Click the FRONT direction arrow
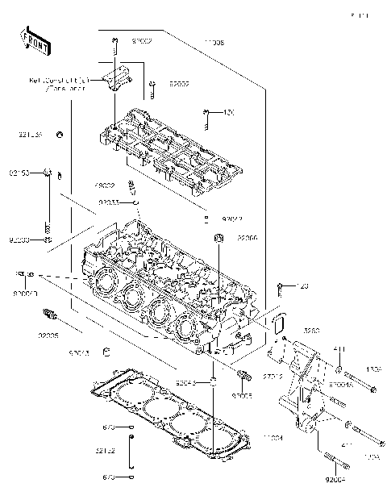coord(35,40)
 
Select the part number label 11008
coord(214,41)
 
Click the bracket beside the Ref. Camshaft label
coord(117,80)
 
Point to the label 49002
coord(103,185)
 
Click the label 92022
coord(232,219)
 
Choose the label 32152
coord(106,451)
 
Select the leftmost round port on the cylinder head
coord(103,282)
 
